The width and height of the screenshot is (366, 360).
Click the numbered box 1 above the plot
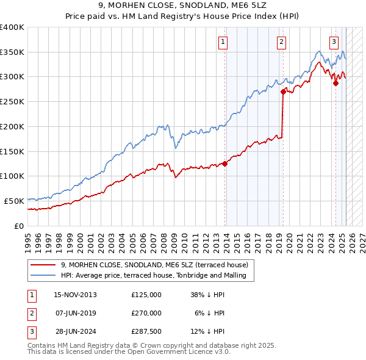(223, 42)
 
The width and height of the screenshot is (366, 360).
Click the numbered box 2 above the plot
(282, 42)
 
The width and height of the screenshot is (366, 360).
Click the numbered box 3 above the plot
(334, 42)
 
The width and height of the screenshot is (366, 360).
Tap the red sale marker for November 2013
(225, 164)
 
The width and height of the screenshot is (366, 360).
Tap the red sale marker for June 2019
(283, 92)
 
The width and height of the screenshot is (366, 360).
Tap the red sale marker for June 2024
(335, 83)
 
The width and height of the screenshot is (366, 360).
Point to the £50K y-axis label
(15, 201)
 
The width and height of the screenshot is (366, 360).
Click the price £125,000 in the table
(146, 295)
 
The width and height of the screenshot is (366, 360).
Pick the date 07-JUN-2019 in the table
(76, 313)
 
